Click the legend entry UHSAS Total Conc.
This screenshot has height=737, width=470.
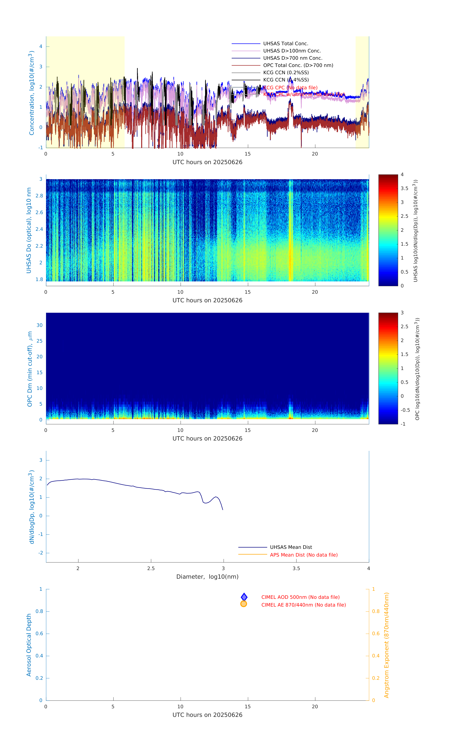click(x=285, y=43)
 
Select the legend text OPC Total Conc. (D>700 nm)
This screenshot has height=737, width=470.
click(x=298, y=65)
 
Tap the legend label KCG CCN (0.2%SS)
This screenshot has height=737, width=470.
click(x=286, y=73)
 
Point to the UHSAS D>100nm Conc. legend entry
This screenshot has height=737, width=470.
click(x=292, y=51)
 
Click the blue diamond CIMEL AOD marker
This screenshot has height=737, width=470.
click(x=244, y=597)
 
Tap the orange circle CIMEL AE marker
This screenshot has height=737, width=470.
click(x=244, y=604)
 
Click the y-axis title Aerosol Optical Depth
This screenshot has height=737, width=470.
click(x=29, y=645)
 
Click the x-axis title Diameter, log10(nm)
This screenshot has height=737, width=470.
click(x=207, y=577)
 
